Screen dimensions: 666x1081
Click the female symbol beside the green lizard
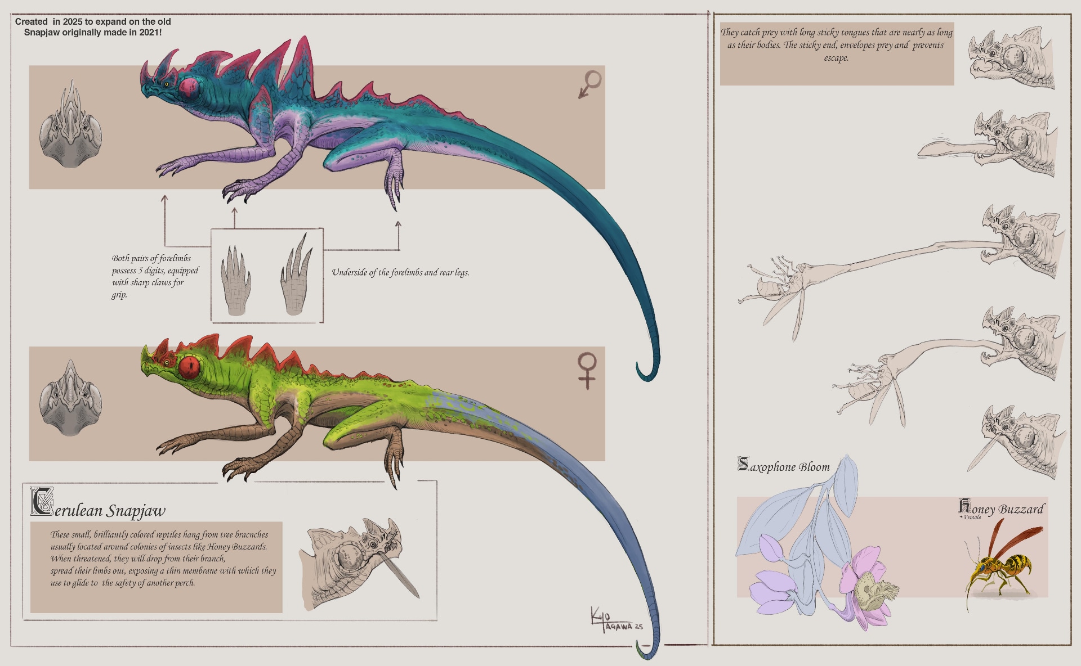587,370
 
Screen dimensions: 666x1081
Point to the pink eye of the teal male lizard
189,87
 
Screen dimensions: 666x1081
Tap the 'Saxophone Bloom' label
784,466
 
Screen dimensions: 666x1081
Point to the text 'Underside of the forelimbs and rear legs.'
400,273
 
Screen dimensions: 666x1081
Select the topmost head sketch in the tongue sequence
1011,57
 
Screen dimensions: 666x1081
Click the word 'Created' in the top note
32,21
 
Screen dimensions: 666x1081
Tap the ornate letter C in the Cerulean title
42,502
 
